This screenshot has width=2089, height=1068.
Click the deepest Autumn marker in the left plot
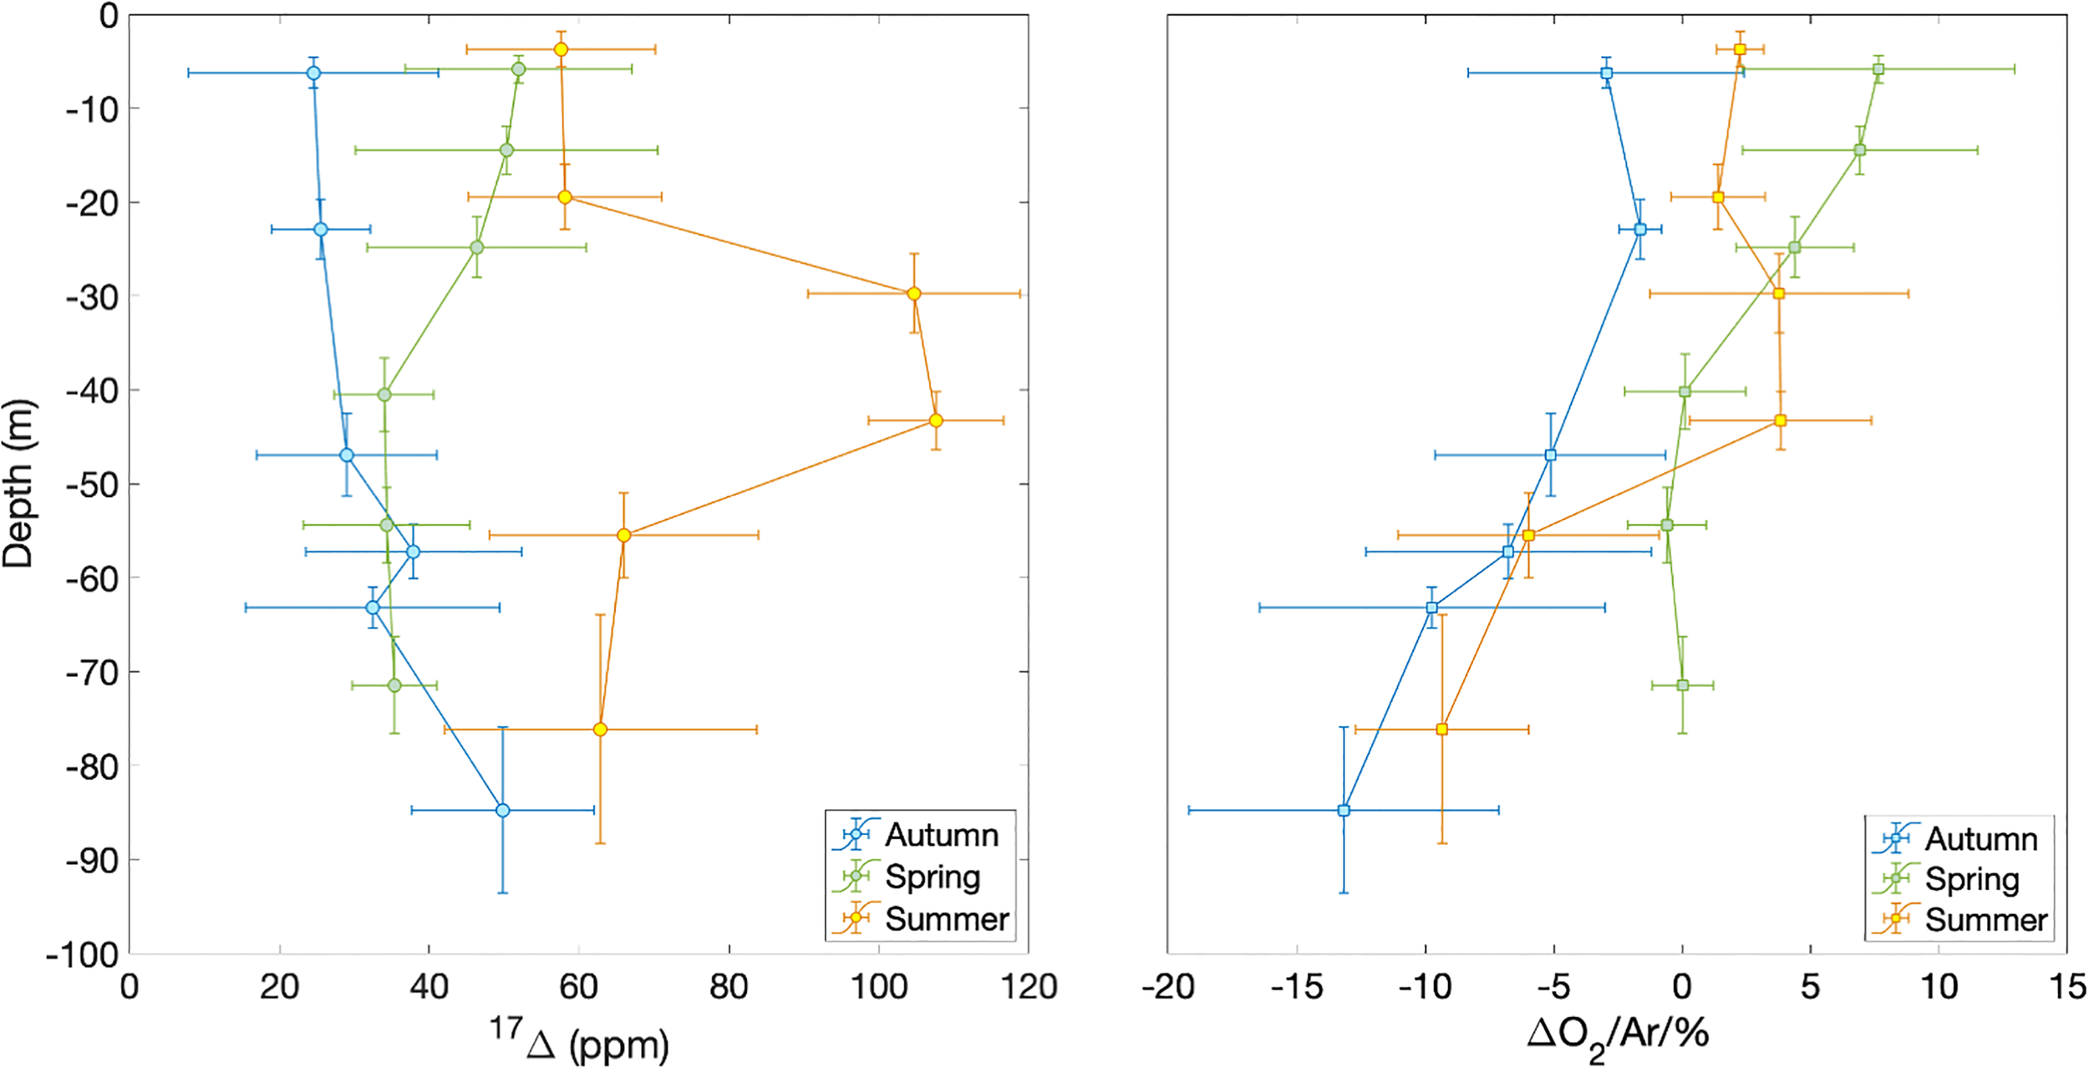(502, 810)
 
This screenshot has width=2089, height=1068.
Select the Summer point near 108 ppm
(936, 420)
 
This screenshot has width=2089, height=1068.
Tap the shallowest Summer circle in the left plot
(561, 49)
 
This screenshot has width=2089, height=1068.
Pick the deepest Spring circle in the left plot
(394, 685)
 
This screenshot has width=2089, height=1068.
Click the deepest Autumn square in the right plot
(1344, 810)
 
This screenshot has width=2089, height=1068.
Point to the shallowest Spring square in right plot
(1878, 69)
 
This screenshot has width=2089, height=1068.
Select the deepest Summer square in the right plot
(1441, 730)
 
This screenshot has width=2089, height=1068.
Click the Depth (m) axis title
(18, 485)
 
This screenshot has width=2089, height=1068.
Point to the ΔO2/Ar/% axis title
(1617, 1035)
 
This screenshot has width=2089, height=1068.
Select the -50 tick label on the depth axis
(91, 485)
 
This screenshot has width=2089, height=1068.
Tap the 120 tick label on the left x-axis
(1029, 988)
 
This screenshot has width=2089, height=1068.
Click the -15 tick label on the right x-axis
(1297, 988)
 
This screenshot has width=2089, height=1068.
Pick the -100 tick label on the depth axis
(83, 954)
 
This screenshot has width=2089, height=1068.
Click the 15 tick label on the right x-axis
(2066, 988)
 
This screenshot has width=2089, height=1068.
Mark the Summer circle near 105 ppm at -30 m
(914, 293)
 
